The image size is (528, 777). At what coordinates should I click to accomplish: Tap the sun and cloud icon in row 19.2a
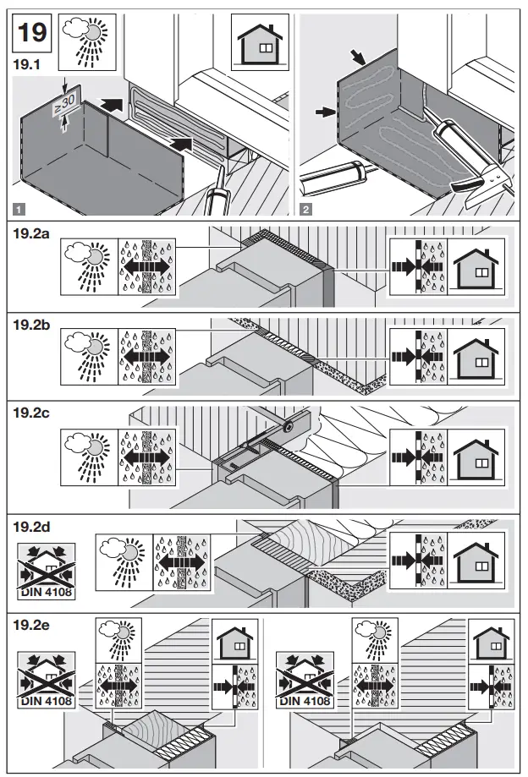click(x=89, y=266)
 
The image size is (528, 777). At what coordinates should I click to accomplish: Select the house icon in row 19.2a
click(x=476, y=267)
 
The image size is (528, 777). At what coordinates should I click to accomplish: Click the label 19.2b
click(x=35, y=323)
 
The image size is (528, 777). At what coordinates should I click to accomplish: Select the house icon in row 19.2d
click(x=476, y=559)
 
